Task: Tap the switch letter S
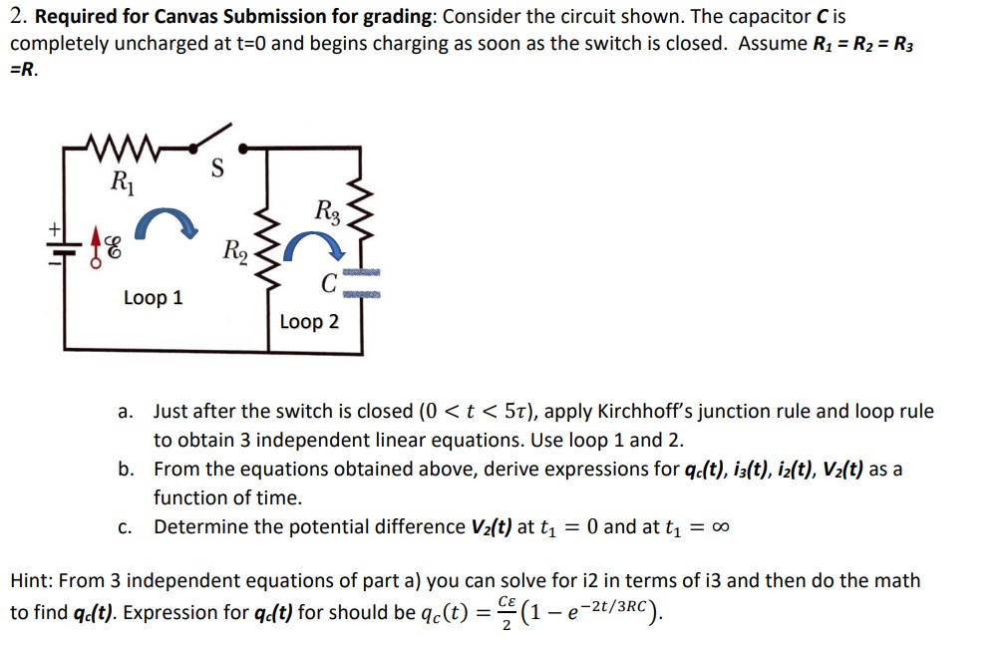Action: [216, 169]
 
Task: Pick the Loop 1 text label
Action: [153, 298]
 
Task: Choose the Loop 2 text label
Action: [309, 322]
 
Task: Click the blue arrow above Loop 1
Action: [161, 223]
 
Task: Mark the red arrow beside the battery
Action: [99, 239]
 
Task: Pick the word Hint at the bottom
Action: [30, 580]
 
